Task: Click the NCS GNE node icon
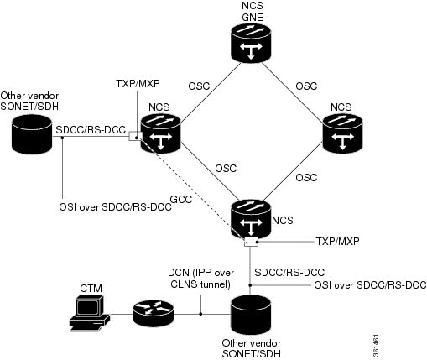(x=251, y=42)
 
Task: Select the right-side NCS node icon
(x=342, y=133)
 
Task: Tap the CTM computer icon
(x=90, y=313)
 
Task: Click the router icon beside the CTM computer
(x=153, y=314)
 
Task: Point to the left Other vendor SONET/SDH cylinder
(x=32, y=134)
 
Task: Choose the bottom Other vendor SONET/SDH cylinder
(x=251, y=315)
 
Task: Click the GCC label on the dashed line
(x=181, y=200)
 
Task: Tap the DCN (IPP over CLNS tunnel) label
(x=200, y=279)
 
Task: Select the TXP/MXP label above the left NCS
(x=138, y=83)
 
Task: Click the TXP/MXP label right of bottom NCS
(x=337, y=241)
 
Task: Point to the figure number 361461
(x=376, y=346)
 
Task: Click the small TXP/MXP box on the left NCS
(x=134, y=136)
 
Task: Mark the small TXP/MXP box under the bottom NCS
(x=251, y=242)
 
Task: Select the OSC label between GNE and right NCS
(x=306, y=86)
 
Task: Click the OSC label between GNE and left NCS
(x=199, y=86)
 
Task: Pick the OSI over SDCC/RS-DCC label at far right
(x=370, y=285)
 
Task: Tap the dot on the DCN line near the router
(x=200, y=314)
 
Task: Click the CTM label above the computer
(x=91, y=289)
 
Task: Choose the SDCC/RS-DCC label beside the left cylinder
(x=91, y=130)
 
